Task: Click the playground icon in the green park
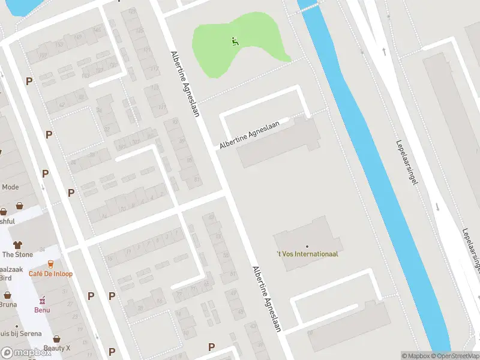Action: click(235, 41)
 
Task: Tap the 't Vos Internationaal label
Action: click(307, 254)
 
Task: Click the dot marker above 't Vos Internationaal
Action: click(307, 246)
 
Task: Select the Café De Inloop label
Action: click(51, 274)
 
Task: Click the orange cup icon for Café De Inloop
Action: click(51, 264)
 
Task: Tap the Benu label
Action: click(42, 310)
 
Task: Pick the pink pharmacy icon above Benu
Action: click(42, 300)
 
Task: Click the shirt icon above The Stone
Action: click(17, 244)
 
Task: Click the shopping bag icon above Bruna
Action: click(8, 295)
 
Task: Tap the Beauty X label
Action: click(57, 349)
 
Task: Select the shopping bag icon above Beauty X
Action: click(56, 339)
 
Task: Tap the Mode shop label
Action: click(10, 187)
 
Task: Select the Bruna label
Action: click(8, 304)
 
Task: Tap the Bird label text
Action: click(6, 278)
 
